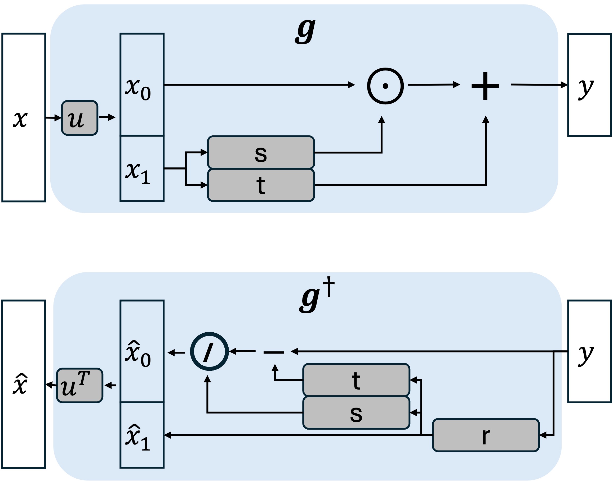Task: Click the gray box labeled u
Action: (x=79, y=118)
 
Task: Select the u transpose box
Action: (x=79, y=386)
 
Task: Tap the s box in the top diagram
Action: (x=261, y=153)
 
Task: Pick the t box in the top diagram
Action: (x=261, y=185)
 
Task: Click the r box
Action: (x=486, y=435)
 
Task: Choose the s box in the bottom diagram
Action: (x=356, y=413)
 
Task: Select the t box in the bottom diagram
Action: (x=356, y=380)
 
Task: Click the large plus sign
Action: (x=485, y=86)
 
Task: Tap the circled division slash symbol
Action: (x=209, y=351)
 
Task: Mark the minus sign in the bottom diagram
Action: (x=274, y=352)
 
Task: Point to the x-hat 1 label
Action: (x=138, y=438)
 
